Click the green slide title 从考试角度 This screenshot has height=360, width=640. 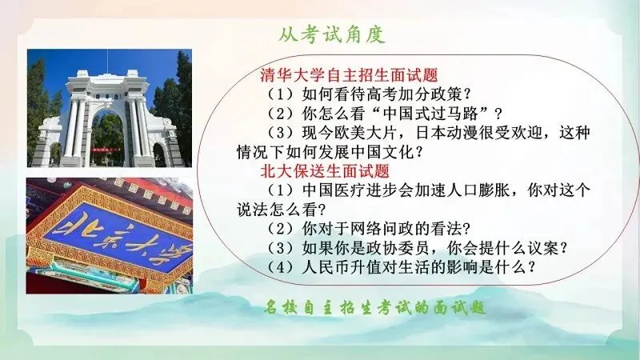332,34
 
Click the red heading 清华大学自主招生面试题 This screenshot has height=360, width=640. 349,75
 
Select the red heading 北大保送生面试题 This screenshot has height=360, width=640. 325,170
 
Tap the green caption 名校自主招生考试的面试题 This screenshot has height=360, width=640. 374,307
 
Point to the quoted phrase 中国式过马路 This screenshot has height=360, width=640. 430,114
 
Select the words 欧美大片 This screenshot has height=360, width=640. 350,133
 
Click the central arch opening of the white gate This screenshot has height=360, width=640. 108,138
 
